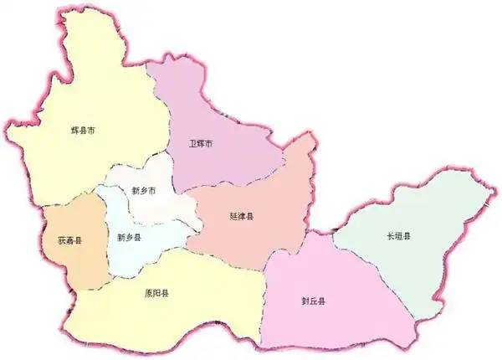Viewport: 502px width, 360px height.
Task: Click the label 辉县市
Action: point(83,131)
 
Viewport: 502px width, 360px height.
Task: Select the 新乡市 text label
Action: point(144,190)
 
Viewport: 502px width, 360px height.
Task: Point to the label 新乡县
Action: point(129,237)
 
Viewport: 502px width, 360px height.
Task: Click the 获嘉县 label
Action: point(69,240)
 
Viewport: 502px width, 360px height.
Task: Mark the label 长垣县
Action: point(399,237)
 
